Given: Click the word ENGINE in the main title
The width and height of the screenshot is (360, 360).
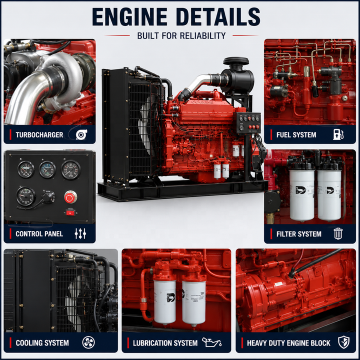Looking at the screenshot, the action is click(129, 17).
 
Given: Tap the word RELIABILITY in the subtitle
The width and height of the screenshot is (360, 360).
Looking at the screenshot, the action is click(202, 36).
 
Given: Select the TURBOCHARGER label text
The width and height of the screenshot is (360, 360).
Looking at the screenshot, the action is click(39, 135).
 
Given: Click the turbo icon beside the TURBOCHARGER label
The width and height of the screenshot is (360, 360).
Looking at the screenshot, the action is click(81, 134).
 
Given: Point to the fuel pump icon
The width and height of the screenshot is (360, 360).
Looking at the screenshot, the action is click(338, 134).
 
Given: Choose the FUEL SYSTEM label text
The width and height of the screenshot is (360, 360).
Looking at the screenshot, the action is click(296, 135).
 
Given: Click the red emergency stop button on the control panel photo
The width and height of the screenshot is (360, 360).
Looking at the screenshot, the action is click(70, 197).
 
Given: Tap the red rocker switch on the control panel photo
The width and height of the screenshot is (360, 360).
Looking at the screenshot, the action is click(70, 213).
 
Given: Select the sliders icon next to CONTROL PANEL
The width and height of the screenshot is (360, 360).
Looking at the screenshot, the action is click(80, 233).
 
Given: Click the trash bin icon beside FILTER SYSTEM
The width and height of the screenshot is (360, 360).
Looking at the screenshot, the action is click(338, 233).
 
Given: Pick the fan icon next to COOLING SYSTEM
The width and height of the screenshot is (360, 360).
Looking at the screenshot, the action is click(88, 342).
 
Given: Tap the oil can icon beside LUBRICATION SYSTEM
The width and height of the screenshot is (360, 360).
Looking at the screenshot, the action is click(211, 342).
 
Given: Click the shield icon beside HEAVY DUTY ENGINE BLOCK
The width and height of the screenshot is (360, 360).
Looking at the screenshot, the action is click(343, 342).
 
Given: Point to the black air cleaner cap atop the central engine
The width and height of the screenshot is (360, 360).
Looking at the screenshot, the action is click(236, 61).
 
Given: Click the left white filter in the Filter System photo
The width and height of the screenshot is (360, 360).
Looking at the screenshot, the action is click(302, 194).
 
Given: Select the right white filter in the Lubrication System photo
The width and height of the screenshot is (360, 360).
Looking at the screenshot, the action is click(194, 301).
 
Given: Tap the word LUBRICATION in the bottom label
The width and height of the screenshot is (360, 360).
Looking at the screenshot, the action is click(152, 343).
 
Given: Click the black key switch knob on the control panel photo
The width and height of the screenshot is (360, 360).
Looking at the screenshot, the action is click(47, 196).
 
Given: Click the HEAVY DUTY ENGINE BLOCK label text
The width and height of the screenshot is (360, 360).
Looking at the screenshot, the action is click(288, 343).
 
